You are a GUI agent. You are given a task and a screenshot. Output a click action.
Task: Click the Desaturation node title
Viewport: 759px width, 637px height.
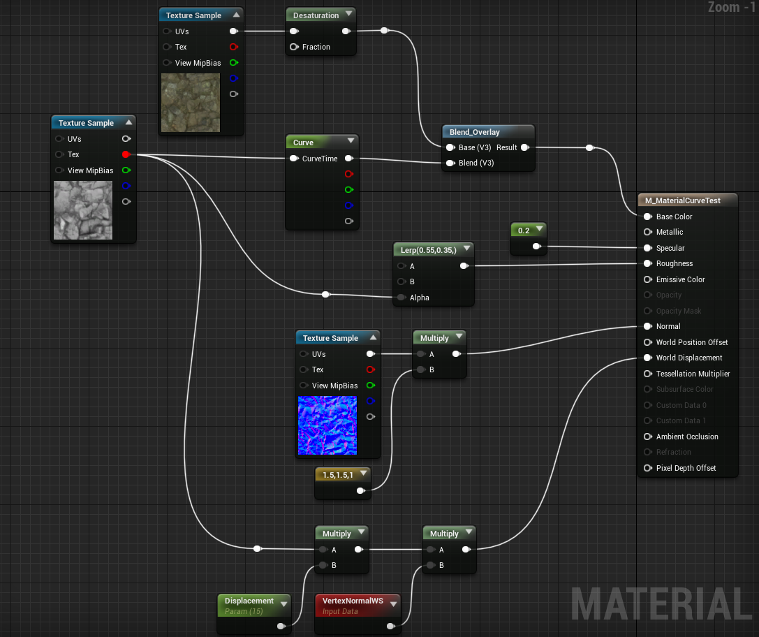[x=316, y=15]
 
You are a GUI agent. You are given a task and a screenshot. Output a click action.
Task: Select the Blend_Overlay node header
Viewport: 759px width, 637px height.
[x=488, y=132]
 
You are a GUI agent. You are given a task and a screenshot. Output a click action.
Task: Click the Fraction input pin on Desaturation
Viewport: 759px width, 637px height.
[x=294, y=47]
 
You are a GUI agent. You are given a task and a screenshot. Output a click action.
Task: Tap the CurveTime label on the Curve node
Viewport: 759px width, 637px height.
[x=320, y=159]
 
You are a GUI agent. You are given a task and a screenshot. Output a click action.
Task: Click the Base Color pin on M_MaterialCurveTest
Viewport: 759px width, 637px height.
[x=648, y=217]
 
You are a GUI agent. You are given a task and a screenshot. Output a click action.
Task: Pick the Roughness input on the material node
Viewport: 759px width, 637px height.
[x=648, y=264]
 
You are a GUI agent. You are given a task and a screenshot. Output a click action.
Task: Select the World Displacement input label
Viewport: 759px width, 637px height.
[x=688, y=358]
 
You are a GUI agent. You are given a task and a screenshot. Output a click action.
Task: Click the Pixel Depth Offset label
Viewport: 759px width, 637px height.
[x=686, y=468]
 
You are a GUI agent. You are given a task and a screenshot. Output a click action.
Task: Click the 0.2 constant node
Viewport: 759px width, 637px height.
[x=529, y=239]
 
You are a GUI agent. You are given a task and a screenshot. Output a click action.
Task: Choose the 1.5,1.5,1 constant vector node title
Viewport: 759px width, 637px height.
[x=338, y=476]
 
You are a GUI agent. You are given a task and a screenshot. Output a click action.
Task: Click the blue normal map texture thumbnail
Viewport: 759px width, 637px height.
[x=327, y=425]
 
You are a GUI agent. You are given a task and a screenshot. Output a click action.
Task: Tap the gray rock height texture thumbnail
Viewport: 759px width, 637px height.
[x=83, y=210]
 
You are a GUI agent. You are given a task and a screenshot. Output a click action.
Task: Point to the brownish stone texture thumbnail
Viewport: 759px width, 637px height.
[x=190, y=103]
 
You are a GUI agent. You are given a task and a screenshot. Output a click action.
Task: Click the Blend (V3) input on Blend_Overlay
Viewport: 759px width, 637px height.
[x=450, y=163]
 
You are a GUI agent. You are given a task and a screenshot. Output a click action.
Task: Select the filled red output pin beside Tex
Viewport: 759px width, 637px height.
[x=126, y=154]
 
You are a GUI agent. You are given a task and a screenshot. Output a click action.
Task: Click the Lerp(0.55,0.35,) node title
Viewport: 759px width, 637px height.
[x=429, y=250]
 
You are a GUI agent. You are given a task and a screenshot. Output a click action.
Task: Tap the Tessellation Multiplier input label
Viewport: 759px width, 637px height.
[x=693, y=374]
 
